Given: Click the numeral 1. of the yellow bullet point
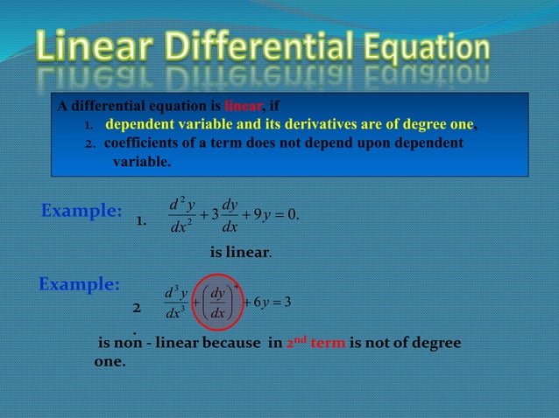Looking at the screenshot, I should click(88, 125).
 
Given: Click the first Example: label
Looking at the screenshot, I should click(81, 211).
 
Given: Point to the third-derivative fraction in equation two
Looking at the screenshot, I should click(171, 303).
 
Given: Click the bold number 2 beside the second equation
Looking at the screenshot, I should click(136, 309).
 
